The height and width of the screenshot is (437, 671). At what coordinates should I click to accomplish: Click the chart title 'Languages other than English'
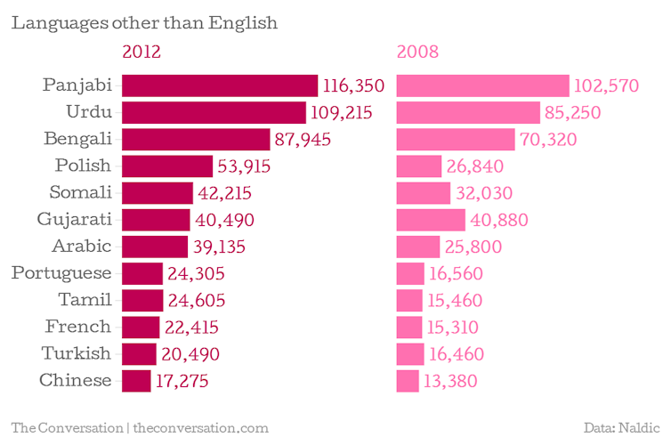[x=144, y=22]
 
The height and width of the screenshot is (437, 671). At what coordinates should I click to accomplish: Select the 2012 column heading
[x=141, y=52]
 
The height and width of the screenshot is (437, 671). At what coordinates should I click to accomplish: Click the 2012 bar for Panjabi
[x=220, y=85]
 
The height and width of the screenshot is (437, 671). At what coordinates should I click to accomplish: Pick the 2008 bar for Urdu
[x=468, y=112]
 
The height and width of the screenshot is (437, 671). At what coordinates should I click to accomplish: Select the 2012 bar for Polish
[x=167, y=166]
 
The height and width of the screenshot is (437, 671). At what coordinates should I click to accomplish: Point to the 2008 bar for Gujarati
[x=431, y=220]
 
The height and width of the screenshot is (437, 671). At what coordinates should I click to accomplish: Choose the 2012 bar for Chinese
[x=136, y=381]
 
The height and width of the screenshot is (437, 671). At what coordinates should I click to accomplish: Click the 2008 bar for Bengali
[x=456, y=140]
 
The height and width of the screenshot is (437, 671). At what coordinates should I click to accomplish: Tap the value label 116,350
[x=354, y=85]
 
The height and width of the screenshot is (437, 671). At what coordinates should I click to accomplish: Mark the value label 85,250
[x=574, y=113]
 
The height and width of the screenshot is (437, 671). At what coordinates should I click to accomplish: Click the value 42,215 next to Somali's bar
[x=226, y=193]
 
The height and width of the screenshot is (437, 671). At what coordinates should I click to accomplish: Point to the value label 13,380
[x=452, y=381]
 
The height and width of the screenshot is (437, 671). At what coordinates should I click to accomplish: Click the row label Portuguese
[x=61, y=273]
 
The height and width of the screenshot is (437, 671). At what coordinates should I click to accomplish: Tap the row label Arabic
[x=80, y=247]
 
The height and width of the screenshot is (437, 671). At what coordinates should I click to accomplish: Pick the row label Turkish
[x=77, y=353]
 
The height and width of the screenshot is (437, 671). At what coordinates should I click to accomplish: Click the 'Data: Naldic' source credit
[x=622, y=427]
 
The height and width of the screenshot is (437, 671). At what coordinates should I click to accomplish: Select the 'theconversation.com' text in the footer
[x=201, y=427]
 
